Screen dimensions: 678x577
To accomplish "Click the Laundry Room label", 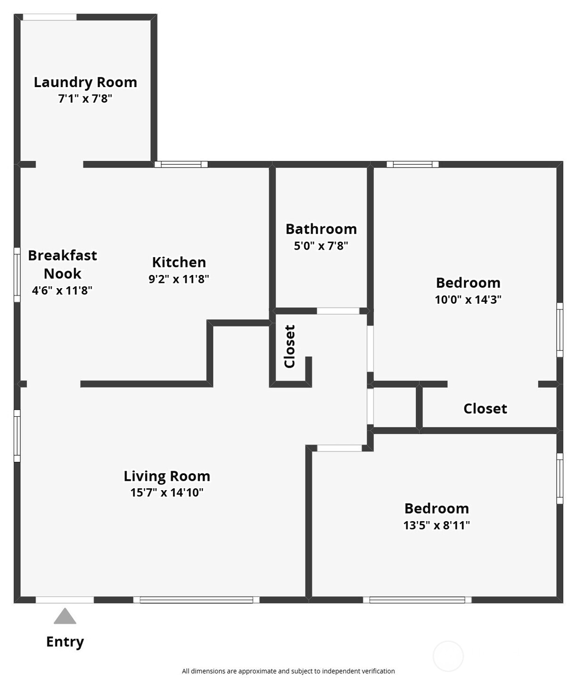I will point(85,82).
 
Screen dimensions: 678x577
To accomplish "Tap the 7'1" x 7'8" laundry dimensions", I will point(85,99).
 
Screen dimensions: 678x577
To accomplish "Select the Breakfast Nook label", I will point(62,264).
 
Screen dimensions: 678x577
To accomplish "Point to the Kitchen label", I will point(179,262).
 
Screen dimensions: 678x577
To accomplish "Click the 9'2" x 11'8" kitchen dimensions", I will point(179,279).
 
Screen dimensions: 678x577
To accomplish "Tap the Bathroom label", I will point(321,229).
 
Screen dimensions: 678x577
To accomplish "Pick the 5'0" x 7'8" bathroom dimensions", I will point(321,246).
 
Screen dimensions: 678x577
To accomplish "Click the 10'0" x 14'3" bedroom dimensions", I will point(468,299).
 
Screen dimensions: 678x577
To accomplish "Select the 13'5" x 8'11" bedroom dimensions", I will point(437,525).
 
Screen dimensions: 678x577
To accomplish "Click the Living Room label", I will point(167,476).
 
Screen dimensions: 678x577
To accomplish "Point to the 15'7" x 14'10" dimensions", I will point(167,492).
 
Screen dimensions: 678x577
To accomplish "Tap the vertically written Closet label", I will point(289,346).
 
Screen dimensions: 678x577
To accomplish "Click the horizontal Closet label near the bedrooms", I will point(485,409).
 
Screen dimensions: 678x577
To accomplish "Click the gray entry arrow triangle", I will point(65,617).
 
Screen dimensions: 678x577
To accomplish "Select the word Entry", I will point(65,642).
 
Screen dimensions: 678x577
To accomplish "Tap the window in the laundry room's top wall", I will point(49,17).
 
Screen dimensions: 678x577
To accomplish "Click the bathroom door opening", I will point(338,311).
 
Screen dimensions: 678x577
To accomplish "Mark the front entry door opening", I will point(65,600).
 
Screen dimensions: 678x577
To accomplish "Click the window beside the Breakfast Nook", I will point(17,274).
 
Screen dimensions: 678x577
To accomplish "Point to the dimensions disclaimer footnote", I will point(288,671).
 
